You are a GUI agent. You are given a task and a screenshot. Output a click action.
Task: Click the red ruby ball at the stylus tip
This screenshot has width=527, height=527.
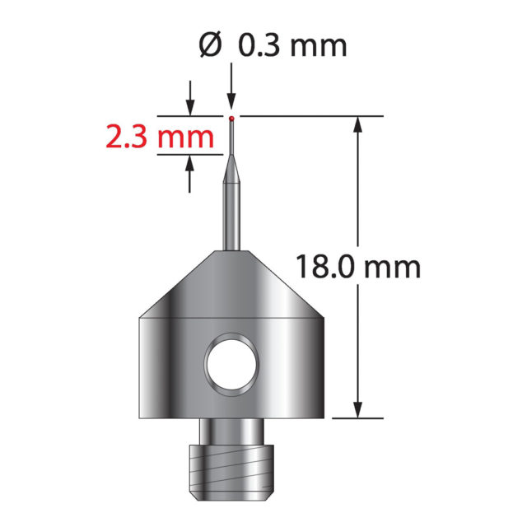point(231,119)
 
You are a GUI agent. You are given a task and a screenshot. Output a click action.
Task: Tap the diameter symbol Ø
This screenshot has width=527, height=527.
point(211,45)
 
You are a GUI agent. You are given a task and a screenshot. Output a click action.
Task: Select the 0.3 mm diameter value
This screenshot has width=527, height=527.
point(292,46)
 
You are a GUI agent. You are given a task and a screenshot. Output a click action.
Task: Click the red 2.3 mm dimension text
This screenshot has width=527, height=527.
point(160,137)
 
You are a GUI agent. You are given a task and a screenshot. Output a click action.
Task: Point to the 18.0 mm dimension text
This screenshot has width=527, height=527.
point(358,267)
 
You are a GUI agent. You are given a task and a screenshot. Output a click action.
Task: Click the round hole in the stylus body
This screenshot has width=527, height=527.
point(231,365)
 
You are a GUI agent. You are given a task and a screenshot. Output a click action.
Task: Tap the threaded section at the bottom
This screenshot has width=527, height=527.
point(231,473)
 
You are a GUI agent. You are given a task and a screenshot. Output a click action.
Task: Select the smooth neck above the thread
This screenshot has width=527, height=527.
point(231,431)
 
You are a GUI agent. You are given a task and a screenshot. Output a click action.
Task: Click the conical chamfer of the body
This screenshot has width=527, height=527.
point(231,284)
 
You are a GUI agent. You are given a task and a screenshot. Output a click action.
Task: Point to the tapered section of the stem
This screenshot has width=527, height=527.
point(231,168)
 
